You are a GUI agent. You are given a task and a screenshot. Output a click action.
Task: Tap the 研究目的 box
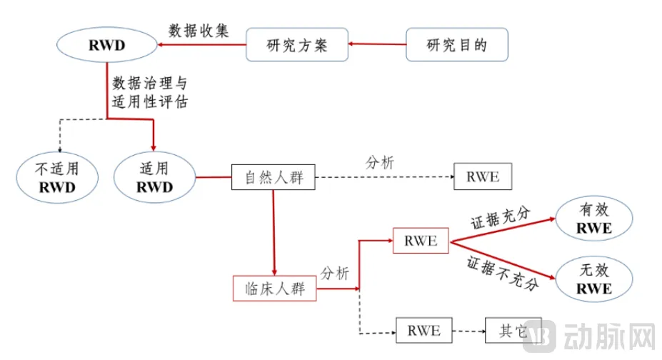tap(457, 45)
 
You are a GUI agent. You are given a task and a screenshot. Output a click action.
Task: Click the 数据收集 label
tap(199, 30)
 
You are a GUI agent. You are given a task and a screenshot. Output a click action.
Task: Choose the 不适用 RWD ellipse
tap(57, 178)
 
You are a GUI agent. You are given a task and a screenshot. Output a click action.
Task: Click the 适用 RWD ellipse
tap(154, 178)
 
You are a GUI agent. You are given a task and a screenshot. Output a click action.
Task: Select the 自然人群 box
tap(274, 176)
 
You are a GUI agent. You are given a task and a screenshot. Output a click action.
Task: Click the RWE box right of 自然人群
tap(483, 176)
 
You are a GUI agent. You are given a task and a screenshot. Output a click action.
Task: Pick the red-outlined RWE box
tap(421, 240)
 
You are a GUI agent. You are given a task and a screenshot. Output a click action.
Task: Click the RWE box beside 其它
tap(423, 331)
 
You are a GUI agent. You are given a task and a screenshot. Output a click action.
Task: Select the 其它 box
tap(513, 331)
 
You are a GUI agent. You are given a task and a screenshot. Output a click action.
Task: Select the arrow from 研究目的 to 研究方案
tap(377, 45)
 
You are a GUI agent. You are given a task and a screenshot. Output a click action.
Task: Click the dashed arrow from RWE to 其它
tap(468, 331)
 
